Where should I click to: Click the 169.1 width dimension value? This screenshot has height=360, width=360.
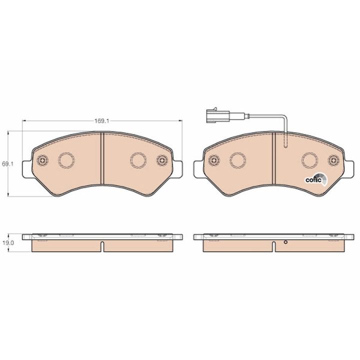pos(101,121)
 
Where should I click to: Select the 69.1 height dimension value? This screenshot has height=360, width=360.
pos(8,164)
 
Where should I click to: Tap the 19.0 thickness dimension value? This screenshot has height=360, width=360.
pos(8,242)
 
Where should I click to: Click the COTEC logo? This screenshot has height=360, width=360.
pos(316,179)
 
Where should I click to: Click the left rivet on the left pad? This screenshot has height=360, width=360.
pos(42,160)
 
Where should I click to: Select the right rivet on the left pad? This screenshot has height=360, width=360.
pos(162,160)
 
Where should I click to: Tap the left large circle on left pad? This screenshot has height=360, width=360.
pos(66,160)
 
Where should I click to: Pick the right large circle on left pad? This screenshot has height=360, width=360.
pos(138,160)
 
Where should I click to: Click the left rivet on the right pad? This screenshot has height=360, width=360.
pos(214,160)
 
